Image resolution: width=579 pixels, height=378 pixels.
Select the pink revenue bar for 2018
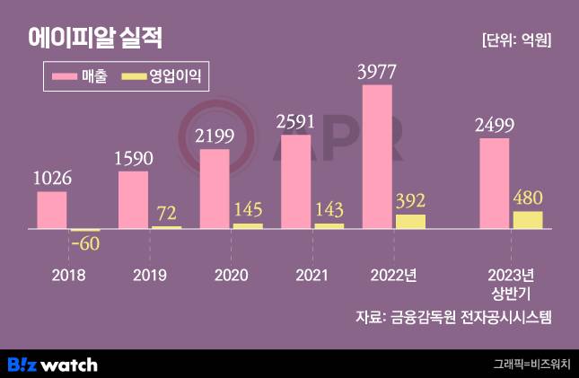[51, 211]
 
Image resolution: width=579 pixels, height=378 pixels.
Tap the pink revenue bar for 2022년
[377, 157]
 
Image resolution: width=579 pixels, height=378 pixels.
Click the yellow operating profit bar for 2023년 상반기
[528, 220]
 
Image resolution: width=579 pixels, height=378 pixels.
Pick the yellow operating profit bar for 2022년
[410, 222]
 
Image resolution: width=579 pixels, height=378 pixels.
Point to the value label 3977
[376, 70]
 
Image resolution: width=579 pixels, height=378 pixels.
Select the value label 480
[528, 198]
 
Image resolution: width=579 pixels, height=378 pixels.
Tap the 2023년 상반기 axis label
[511, 283]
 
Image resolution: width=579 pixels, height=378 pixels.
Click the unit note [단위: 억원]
[516, 40]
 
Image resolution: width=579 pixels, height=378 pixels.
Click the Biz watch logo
[52, 364]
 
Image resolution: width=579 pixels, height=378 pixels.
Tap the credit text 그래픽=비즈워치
[531, 365]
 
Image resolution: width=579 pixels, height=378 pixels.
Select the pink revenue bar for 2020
[215, 189]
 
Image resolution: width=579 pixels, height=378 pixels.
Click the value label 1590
[134, 158]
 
